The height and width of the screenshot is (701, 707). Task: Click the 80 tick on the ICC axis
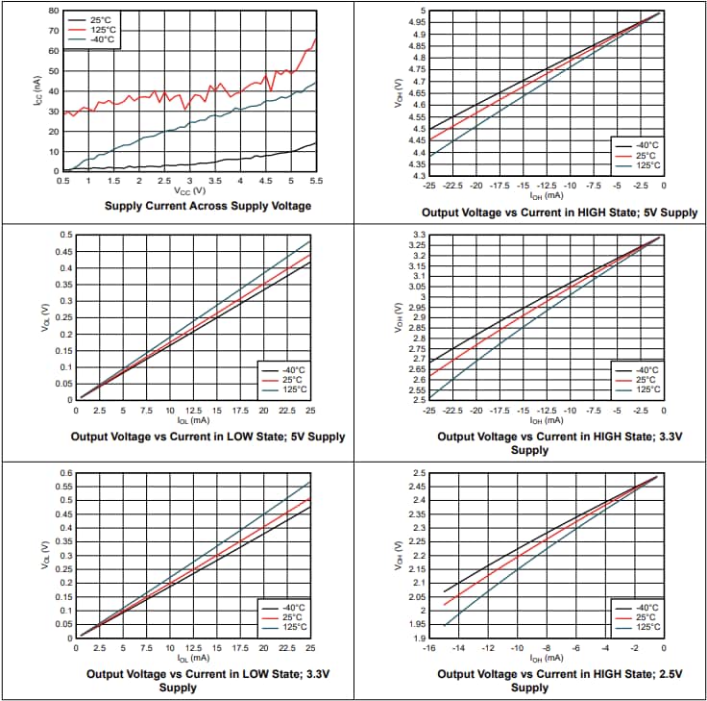(53, 11)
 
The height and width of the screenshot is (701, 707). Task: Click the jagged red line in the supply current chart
(192, 95)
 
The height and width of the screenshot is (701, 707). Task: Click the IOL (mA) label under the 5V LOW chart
(193, 420)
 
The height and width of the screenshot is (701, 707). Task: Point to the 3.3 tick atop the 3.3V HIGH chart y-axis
(418, 235)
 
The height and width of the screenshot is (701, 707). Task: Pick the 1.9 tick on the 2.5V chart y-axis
(418, 638)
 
